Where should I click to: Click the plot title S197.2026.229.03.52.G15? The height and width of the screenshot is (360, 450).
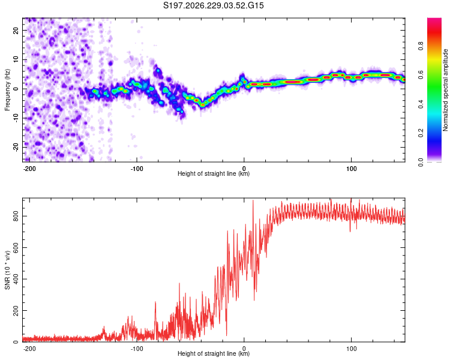point(213,5)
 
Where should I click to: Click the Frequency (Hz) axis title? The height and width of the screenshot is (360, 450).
point(7,90)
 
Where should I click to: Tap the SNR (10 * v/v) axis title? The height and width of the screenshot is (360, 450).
point(7,270)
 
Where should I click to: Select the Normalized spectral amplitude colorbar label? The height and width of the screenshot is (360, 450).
point(445,90)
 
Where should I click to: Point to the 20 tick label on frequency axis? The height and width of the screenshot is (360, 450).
point(16,30)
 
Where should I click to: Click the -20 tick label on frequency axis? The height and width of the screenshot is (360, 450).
point(16,147)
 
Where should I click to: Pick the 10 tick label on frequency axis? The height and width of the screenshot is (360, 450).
point(16,59)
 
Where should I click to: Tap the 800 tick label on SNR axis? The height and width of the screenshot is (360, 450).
point(16,216)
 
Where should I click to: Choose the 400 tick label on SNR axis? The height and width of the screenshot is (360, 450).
point(16,279)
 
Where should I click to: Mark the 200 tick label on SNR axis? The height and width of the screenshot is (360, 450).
point(16,311)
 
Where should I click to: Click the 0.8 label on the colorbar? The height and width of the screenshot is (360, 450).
point(421,46)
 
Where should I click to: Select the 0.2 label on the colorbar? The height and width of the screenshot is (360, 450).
point(421,133)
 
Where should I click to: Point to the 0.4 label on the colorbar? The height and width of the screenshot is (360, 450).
point(421,104)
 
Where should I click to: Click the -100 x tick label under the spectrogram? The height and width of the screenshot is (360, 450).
point(137,169)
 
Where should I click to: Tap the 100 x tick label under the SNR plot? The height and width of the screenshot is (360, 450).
point(351,349)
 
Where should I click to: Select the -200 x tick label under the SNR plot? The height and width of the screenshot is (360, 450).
point(29,349)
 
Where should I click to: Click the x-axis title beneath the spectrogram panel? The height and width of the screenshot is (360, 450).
point(214,173)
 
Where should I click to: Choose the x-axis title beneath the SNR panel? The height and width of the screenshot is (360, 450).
point(214,353)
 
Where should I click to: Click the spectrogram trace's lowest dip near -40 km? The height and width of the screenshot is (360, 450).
point(203,105)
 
